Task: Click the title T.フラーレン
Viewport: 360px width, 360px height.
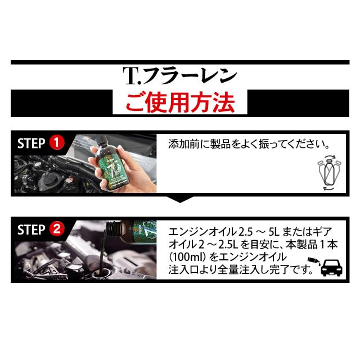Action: click(180, 76)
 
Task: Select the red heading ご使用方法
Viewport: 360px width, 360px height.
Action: click(180, 102)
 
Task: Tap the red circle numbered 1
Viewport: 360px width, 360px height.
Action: click(56, 142)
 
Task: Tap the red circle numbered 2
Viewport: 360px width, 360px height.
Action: click(56, 229)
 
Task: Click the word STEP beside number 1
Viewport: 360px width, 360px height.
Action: click(31, 143)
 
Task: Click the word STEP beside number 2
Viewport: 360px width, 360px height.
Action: click(31, 229)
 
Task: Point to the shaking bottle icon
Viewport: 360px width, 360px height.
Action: click(329, 173)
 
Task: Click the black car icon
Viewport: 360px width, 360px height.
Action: click(331, 267)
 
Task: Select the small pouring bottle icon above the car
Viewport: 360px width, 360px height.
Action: click(314, 261)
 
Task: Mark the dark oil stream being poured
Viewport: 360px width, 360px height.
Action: click(102, 250)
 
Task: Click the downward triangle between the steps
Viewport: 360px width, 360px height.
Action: click(180, 199)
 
